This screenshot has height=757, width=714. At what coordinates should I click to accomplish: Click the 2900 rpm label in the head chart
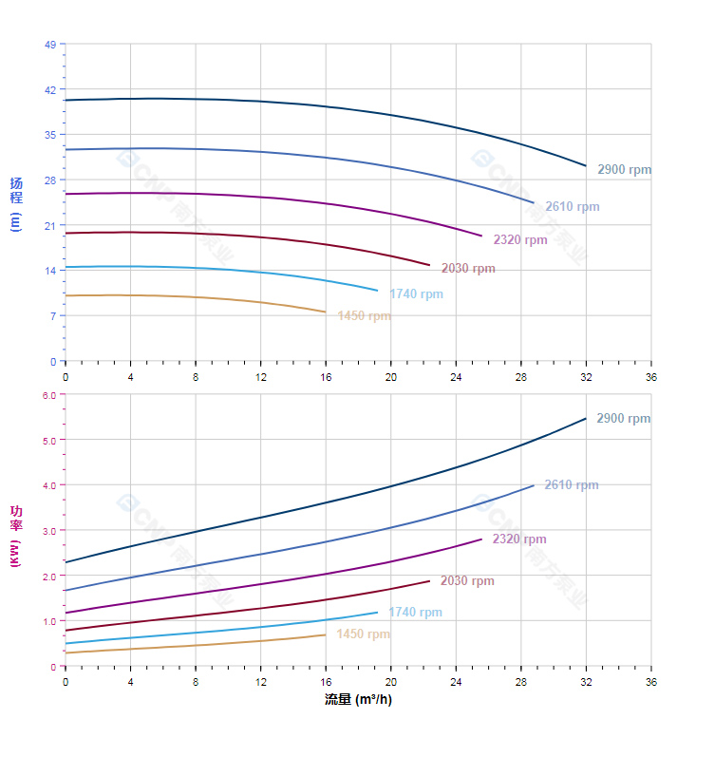click(624, 170)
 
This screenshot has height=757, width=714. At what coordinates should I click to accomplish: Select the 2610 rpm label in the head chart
click(572, 207)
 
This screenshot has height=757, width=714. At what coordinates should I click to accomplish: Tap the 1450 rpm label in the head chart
click(364, 316)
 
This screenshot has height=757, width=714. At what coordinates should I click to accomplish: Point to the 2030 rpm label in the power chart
click(467, 581)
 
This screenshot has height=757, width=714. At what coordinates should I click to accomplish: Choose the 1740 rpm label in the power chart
click(415, 613)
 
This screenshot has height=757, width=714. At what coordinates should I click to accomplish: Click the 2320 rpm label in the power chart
click(519, 539)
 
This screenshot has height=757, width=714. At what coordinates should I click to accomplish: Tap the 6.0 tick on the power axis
click(50, 395)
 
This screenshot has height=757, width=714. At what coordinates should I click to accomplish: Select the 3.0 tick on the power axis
click(50, 531)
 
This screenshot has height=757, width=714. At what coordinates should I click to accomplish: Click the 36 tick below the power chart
click(651, 682)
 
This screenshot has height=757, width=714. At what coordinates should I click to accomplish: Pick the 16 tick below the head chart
click(326, 377)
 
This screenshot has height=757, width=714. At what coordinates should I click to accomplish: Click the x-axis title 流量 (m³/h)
click(358, 700)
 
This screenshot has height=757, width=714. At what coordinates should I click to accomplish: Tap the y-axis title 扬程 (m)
click(16, 204)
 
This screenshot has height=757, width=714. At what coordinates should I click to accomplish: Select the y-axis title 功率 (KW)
click(16, 537)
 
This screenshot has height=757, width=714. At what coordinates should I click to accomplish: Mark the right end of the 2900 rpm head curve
click(586, 165)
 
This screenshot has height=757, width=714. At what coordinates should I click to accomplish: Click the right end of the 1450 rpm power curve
click(326, 634)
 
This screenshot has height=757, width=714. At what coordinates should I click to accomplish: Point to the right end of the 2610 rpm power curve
click(534, 485)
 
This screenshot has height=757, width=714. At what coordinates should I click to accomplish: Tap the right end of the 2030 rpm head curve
click(430, 265)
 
